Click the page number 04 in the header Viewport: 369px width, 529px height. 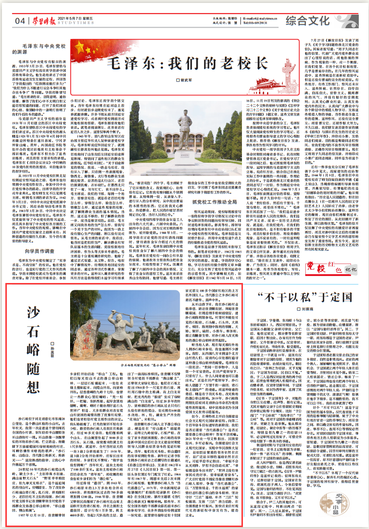20,20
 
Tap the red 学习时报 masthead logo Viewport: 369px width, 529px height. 42,20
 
